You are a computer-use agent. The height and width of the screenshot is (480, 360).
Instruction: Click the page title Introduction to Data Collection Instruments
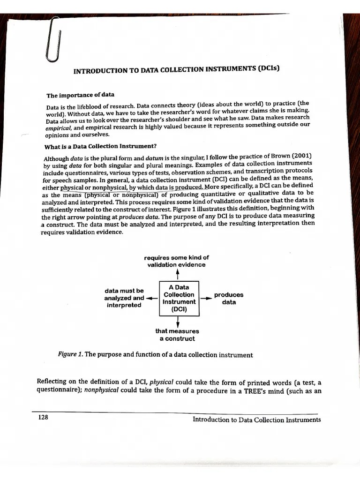coord(177,70)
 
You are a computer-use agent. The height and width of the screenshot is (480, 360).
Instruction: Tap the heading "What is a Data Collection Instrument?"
coord(100,145)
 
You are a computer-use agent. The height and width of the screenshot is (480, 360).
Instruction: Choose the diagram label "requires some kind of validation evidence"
coord(176,261)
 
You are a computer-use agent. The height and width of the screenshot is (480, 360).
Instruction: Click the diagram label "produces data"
coord(228,299)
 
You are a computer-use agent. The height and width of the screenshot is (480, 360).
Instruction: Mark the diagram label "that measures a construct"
coord(177,335)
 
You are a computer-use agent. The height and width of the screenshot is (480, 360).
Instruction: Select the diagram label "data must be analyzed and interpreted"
coord(124,298)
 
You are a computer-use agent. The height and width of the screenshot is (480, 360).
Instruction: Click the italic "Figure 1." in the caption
coord(70,355)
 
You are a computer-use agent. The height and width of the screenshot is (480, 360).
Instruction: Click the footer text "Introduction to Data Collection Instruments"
coord(256,420)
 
